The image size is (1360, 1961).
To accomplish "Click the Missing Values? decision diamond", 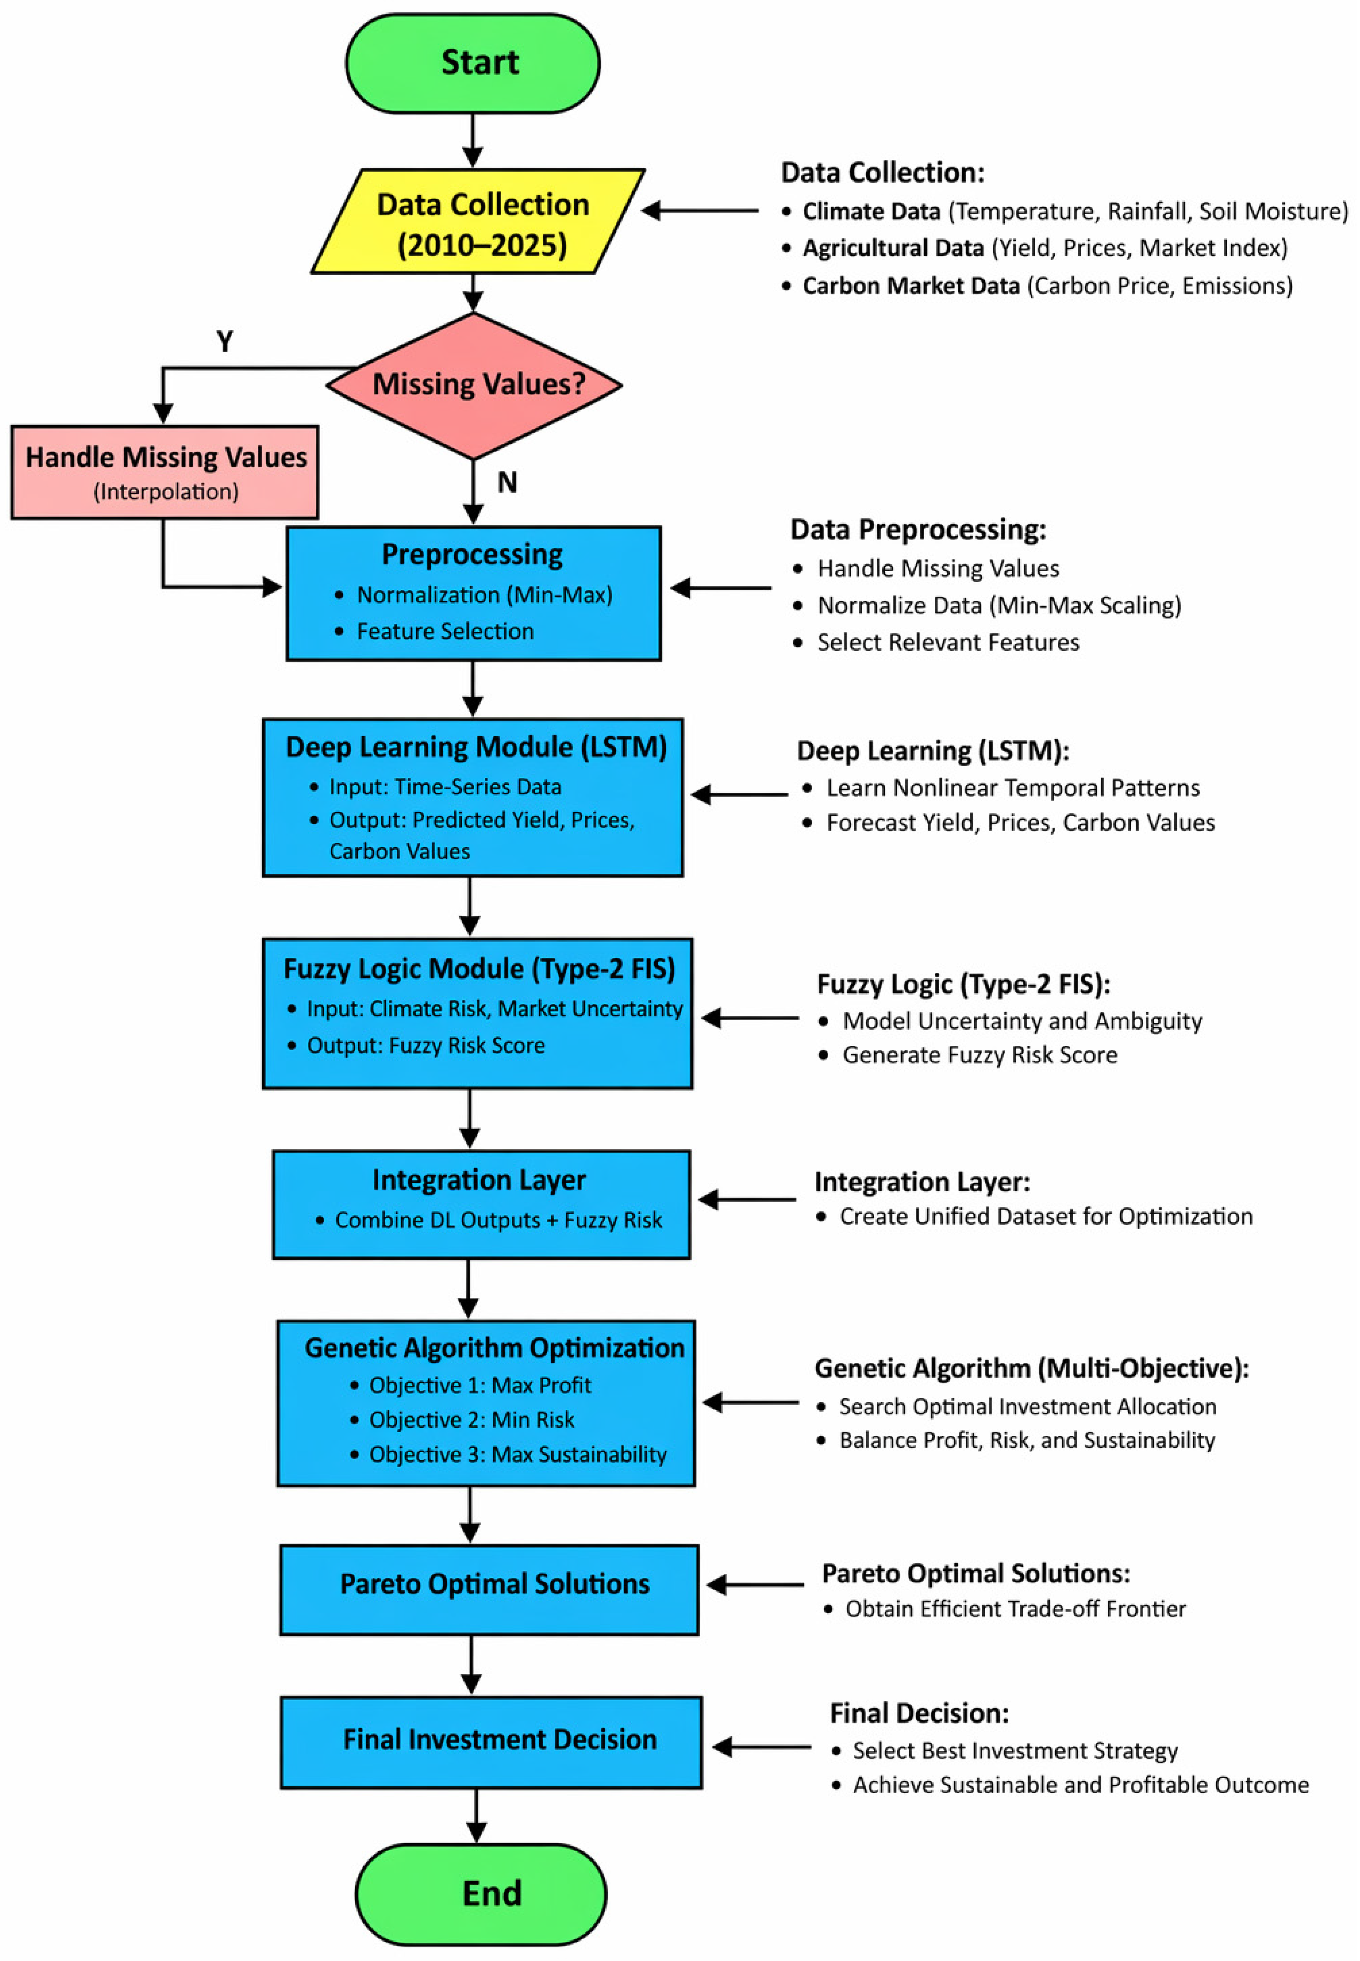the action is (x=474, y=385).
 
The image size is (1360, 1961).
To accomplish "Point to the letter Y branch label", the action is (x=225, y=342).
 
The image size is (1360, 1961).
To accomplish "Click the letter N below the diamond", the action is (x=507, y=483).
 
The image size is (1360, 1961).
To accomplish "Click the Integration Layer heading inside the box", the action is (x=479, y=1180).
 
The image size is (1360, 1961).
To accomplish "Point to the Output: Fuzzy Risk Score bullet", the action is (x=417, y=1045).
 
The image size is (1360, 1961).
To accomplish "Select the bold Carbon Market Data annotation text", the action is (x=911, y=286).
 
